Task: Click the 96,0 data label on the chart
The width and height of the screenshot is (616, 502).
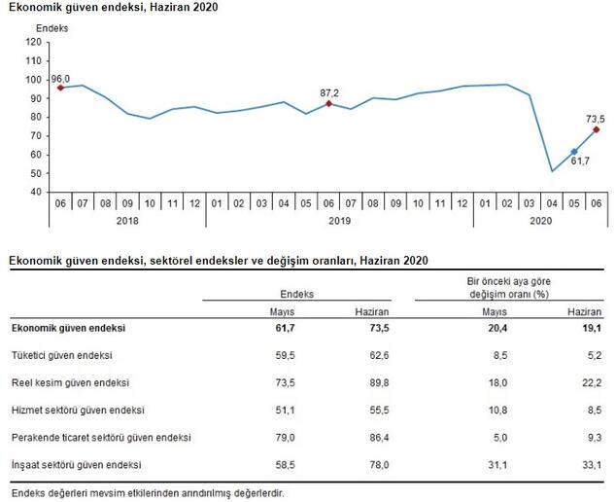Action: pos(60,78)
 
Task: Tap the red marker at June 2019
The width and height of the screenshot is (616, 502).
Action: pos(328,103)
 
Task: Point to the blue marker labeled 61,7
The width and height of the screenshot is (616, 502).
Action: pos(573,152)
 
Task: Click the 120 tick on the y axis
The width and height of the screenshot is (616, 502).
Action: pos(34,43)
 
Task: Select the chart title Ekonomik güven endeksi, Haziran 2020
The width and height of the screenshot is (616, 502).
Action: pos(114,8)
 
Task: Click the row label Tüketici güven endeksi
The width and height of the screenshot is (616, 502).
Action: pos(61,356)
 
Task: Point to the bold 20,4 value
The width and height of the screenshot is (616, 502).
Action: pos(496,329)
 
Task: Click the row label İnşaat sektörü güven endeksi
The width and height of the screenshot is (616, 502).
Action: pos(77,465)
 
